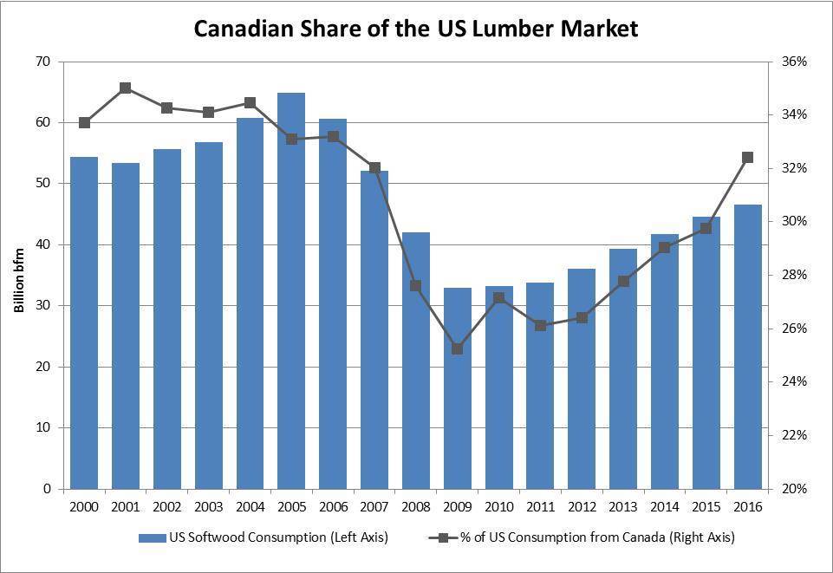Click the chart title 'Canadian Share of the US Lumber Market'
tap(416, 29)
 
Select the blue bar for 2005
tap(291, 290)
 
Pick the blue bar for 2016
tap(747, 347)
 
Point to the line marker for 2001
tap(126, 88)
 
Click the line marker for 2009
tap(458, 348)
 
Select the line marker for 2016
tap(747, 158)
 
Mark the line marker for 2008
tap(416, 286)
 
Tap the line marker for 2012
tap(582, 317)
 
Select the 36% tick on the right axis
tap(795, 62)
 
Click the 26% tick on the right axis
tap(795, 329)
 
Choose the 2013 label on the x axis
tap(623, 506)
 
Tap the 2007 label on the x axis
tap(374, 506)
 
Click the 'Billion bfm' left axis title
tap(18, 275)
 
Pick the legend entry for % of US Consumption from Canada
tap(582, 538)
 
